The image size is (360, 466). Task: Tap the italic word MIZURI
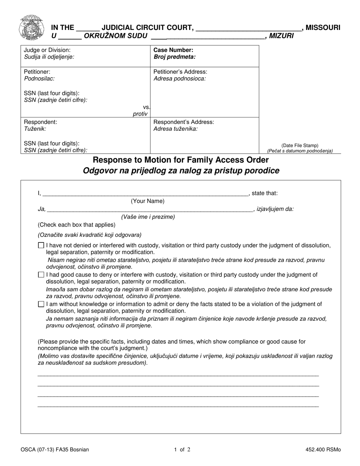point(281,36)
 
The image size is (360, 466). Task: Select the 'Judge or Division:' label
point(47,50)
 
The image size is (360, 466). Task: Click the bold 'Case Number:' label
point(173,50)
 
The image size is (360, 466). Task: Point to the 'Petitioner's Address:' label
point(180,72)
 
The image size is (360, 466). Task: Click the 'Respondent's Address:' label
point(183,122)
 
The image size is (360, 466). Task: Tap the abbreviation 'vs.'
point(146,107)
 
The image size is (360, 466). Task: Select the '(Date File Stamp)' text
point(300,145)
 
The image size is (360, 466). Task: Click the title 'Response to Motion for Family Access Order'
point(181,160)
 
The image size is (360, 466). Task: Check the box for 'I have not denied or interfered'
point(41,246)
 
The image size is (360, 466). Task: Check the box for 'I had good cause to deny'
point(41,275)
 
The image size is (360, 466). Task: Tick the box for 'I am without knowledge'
point(41,304)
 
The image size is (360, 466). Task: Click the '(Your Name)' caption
point(148,201)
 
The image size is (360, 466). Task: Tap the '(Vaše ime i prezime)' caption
point(148,217)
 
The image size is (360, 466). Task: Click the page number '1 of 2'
point(182,450)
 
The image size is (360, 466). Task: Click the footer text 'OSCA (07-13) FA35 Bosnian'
point(55,450)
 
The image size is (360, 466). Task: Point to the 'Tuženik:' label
point(35,129)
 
